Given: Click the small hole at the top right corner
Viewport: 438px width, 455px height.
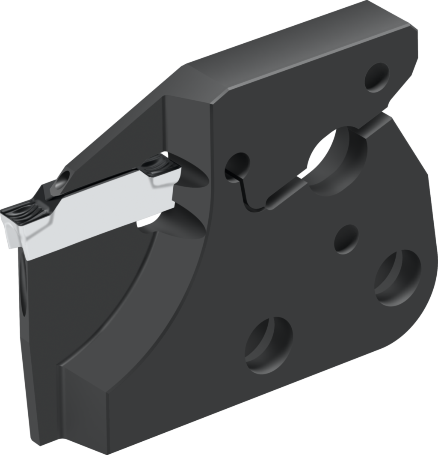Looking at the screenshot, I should click(376, 77).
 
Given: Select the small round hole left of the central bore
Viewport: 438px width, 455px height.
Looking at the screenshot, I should click(237, 167).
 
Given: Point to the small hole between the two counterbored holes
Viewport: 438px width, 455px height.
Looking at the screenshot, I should click(346, 239).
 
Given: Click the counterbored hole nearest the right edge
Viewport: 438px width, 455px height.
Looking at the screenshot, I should click(398, 278).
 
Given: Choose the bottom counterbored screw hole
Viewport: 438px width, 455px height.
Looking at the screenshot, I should click(269, 345).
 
